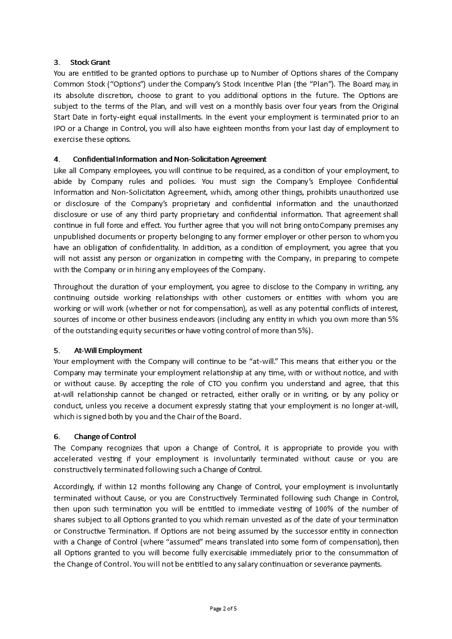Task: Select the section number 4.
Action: pyautogui.click(x=56, y=159)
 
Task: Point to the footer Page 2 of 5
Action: pyautogui.click(x=223, y=608)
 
